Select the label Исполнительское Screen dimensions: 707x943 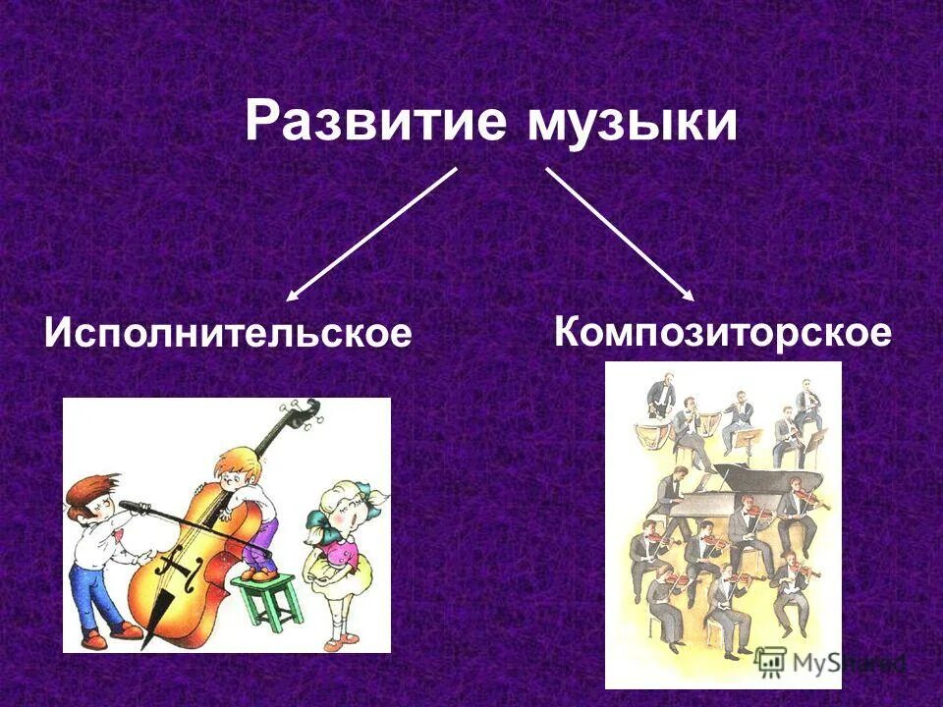click(228, 333)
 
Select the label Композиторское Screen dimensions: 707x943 click(723, 332)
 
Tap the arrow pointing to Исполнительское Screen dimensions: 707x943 click(371, 234)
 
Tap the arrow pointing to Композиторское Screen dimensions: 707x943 click(620, 234)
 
